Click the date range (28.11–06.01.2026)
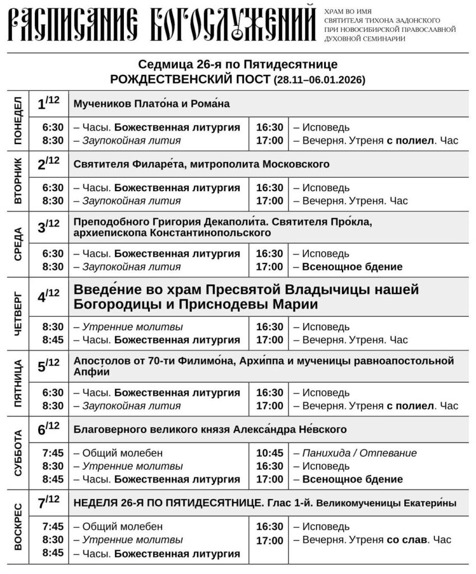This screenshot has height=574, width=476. pos(320,80)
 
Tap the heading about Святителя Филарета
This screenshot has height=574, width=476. pos(201,164)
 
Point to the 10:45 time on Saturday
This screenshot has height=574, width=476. pos(269,453)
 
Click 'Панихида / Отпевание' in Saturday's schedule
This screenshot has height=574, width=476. pos(359,453)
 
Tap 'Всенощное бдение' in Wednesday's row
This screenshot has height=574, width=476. pos(352,267)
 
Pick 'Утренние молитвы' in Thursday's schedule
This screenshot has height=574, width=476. pos(132,327)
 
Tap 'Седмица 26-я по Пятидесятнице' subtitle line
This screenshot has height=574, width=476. pos(238,64)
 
